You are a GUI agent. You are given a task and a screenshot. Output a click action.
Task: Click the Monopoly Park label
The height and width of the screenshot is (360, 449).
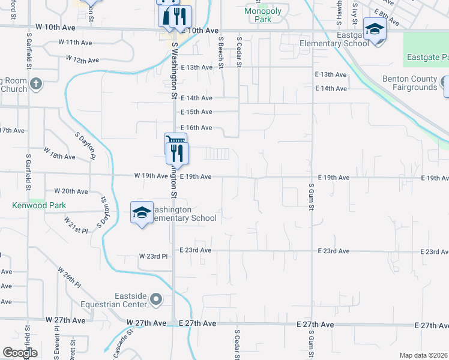pyautogui.click(x=258, y=15)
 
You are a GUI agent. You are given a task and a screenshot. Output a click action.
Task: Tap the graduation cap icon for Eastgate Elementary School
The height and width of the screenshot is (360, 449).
pyautogui.click(x=375, y=29)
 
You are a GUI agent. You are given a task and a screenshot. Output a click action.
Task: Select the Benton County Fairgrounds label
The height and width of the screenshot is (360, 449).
pyautogui.click(x=409, y=83)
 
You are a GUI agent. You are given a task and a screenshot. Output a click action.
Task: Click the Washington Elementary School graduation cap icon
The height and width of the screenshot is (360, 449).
pyautogui.click(x=142, y=212)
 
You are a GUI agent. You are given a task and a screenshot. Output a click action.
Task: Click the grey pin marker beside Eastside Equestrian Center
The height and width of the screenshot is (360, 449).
pyautogui.click(x=157, y=299)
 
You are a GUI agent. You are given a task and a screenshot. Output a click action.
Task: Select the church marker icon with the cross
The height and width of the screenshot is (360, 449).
pyautogui.click(x=36, y=83)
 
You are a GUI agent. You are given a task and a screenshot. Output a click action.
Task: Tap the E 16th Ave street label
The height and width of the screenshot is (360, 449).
pyautogui.click(x=196, y=128)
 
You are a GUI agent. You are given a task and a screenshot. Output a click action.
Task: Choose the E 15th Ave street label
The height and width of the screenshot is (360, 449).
pyautogui.click(x=196, y=112)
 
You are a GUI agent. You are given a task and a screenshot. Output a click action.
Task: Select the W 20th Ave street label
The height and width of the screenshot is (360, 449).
pyautogui.click(x=71, y=191)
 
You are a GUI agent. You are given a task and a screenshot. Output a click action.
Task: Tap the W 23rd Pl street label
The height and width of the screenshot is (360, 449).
pyautogui.click(x=154, y=256)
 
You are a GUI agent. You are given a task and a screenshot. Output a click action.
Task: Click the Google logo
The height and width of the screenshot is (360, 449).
pyautogui.click(x=20, y=353)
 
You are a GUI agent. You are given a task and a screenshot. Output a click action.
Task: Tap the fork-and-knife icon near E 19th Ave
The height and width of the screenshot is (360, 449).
pyautogui.click(x=177, y=152)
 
